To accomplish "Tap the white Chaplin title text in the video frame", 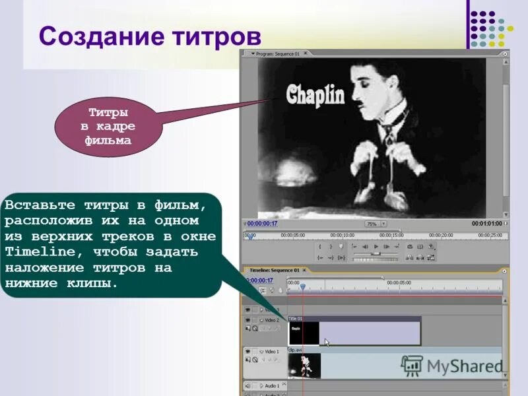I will [315, 95].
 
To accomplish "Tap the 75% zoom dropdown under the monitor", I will [374, 224].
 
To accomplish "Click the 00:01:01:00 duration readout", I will [487, 224].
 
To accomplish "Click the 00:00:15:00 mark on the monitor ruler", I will [392, 235].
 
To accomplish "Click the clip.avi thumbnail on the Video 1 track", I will [304, 366].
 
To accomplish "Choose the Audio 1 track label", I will [273, 385].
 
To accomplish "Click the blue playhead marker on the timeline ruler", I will [303, 286].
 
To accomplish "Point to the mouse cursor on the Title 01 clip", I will [326, 342].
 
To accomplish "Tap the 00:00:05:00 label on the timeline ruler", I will [399, 282].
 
